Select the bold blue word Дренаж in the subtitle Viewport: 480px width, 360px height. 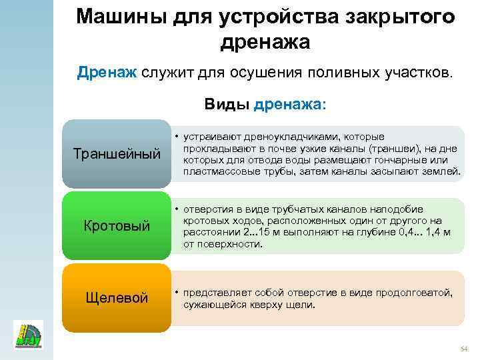tap(107, 72)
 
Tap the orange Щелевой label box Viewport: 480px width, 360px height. tap(117, 297)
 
